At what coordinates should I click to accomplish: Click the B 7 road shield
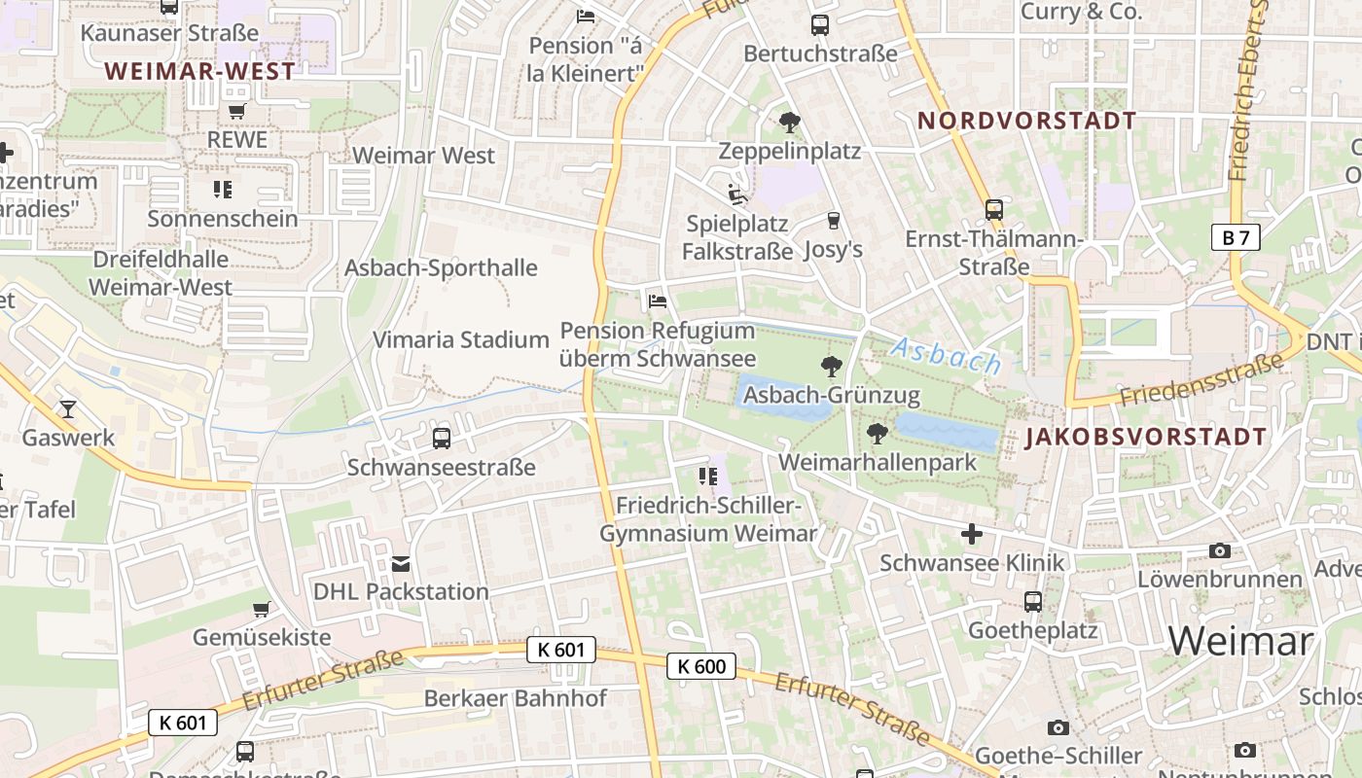coord(1236,237)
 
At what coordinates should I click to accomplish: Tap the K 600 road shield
coord(701,666)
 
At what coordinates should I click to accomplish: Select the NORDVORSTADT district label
coord(1027,121)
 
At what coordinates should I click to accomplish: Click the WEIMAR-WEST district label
coord(199,71)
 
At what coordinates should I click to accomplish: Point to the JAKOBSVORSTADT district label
coord(1146,437)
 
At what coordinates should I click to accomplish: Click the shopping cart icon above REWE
coord(237,112)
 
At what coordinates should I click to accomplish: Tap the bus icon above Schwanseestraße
coord(442,439)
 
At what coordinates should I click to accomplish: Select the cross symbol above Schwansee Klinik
coord(971,534)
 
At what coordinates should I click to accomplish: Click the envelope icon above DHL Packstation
coord(401,563)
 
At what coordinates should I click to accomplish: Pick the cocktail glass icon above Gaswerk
coord(68,408)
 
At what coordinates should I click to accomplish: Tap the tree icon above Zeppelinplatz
coord(789,123)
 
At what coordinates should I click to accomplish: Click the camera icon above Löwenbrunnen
coord(1219,550)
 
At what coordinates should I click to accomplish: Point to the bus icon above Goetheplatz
coord(1032,602)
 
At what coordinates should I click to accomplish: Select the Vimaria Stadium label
coord(461,339)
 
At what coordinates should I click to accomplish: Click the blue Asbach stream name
coord(946,356)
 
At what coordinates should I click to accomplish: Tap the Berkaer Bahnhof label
coord(515,698)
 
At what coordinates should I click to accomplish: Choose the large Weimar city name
coord(1240,642)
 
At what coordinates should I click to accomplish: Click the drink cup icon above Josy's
coord(833,221)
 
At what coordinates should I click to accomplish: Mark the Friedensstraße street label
coord(1201,381)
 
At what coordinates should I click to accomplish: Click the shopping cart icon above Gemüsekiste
coord(261,610)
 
